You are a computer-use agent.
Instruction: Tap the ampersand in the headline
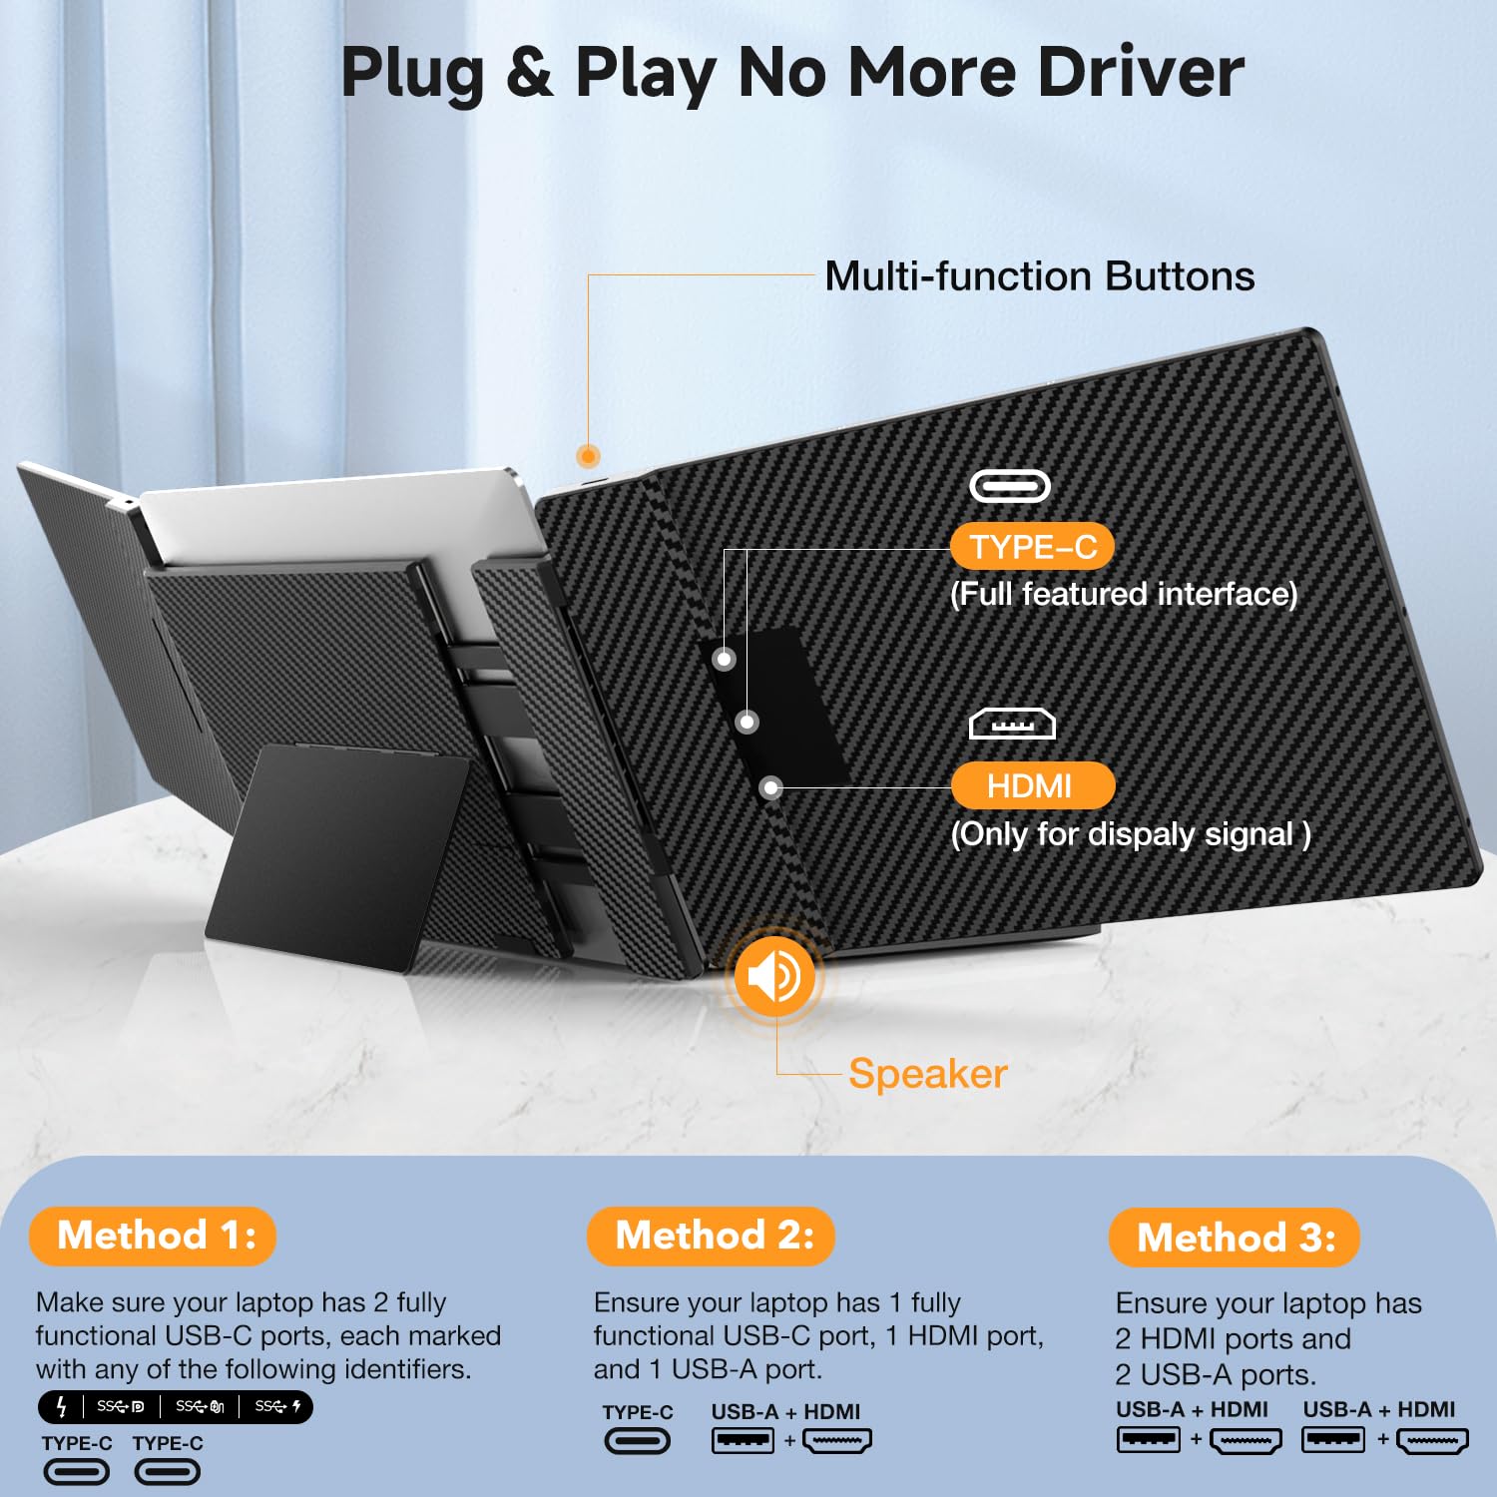point(529,72)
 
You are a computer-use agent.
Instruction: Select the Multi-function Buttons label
point(1039,276)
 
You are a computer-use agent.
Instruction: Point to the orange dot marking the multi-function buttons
point(589,457)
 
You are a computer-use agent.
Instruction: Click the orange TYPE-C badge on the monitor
point(1032,547)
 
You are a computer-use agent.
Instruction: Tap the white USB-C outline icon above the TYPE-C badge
point(1010,486)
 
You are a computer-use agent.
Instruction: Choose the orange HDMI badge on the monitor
point(1032,786)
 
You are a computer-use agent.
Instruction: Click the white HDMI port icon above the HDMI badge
point(1012,724)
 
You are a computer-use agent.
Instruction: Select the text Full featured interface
point(1124,595)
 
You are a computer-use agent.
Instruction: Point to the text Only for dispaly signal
point(1130,834)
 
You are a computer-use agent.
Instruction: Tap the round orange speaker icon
point(773,976)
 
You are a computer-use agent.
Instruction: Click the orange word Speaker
point(928,1074)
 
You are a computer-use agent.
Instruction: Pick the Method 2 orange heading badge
point(711,1236)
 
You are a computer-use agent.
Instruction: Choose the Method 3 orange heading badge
point(1235,1238)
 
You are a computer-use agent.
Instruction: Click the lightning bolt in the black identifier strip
point(61,1407)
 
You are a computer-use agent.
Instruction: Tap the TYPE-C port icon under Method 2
point(637,1441)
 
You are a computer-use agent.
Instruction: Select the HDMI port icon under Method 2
point(836,1441)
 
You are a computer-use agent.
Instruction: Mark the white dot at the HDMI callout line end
point(770,788)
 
